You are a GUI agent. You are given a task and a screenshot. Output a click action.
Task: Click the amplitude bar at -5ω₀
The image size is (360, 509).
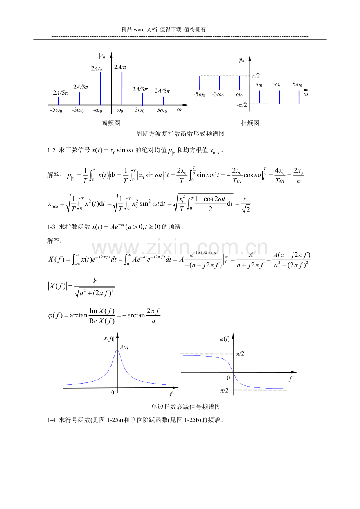pyautogui.click(x=58, y=100)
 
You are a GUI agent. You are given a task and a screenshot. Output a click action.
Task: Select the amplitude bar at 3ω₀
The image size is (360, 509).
pyautogui.click(x=142, y=99)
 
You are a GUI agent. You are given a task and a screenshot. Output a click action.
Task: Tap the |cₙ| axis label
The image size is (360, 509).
pyautogui.click(x=103, y=56)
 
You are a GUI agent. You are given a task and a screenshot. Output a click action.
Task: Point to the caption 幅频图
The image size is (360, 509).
pyautogui.click(x=110, y=123)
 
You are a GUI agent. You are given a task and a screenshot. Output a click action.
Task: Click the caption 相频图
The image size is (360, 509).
pyautogui.click(x=250, y=123)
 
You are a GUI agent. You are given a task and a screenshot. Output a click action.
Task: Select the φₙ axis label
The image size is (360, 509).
pyautogui.click(x=241, y=60)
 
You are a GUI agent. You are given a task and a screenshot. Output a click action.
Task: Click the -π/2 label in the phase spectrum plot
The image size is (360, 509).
pyautogui.click(x=242, y=105)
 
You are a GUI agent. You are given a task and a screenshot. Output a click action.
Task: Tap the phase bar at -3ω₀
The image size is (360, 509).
pyautogui.click(x=220, y=83)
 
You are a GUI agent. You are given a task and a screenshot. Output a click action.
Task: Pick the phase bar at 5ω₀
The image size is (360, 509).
pyautogui.click(x=299, y=97)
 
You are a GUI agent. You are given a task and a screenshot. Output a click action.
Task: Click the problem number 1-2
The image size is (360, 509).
pyautogui.click(x=51, y=151)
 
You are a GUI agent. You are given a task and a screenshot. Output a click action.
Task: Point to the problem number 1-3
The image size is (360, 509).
pyautogui.click(x=51, y=227)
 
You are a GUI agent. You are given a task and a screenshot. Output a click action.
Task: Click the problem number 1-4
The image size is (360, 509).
pyautogui.click(x=51, y=420)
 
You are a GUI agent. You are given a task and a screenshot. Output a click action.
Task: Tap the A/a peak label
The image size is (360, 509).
pyautogui.click(x=124, y=348)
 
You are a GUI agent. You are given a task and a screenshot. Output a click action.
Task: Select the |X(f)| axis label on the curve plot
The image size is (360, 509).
pyautogui.click(x=108, y=339)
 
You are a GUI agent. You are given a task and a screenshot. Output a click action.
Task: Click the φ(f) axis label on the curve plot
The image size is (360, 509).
pyautogui.click(x=225, y=339)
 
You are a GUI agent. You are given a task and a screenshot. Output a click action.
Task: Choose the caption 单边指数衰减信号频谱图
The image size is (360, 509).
pyautogui.click(x=186, y=407)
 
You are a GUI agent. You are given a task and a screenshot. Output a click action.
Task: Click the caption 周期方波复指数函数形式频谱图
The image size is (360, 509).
pyautogui.click(x=180, y=134)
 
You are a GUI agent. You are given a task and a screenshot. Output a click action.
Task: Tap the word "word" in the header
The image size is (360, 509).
pyautogui.click(x=139, y=30)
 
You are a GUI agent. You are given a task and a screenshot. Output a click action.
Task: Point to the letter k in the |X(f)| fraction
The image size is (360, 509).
pyautogui.click(x=95, y=281)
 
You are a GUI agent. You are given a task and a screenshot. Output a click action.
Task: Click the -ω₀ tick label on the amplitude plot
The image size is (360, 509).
pyautogui.click(x=97, y=110)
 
